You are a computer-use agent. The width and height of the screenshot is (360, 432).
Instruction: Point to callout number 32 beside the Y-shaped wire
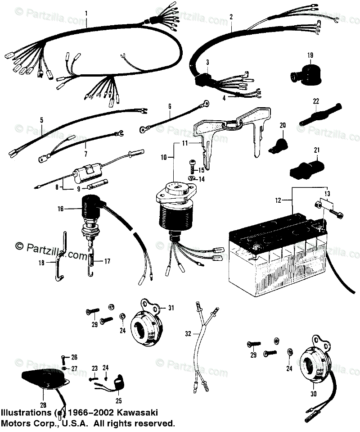[x=188, y=334]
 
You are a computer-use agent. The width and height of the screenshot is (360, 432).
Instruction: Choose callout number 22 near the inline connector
[x=316, y=100]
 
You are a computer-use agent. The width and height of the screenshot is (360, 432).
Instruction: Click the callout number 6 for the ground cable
[x=170, y=106]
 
